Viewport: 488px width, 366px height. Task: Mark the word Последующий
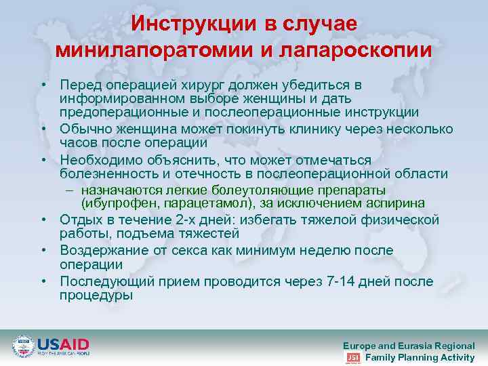[x=102, y=281]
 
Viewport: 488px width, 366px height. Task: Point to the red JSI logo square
[x=353, y=358]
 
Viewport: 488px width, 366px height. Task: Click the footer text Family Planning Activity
[x=420, y=357]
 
